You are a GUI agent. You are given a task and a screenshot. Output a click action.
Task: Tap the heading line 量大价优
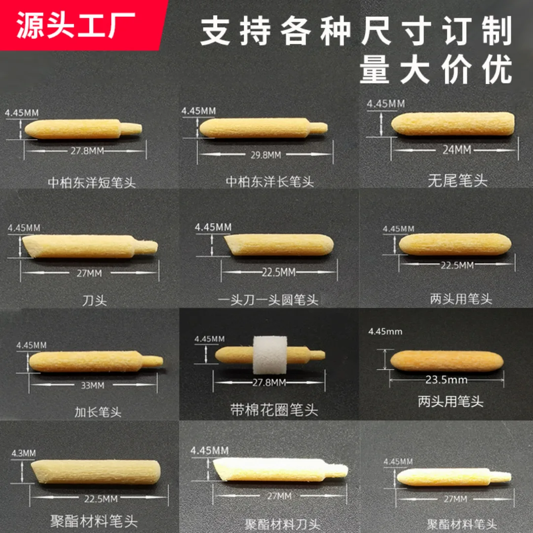coord(436,71)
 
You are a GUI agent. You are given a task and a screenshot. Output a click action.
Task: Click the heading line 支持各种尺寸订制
coord(356,32)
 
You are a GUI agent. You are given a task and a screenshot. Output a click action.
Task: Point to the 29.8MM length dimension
coord(266,155)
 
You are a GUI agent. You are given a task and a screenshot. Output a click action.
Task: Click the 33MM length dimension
coord(93,385)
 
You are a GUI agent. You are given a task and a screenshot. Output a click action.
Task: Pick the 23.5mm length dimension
coord(446,380)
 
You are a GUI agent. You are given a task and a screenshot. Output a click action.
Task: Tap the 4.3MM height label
coord(23,453)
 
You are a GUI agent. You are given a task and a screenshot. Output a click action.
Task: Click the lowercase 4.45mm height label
coord(385,331)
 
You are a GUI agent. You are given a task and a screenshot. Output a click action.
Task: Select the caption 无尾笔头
coord(457,181)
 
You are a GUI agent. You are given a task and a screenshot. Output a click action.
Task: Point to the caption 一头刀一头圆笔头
coord(268,300)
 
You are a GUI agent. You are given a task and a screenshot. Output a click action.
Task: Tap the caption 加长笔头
coord(98,412)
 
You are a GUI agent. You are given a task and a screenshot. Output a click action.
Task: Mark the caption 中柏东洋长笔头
coord(270,182)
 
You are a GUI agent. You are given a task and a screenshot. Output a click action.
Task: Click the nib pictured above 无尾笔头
coord(453,124)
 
